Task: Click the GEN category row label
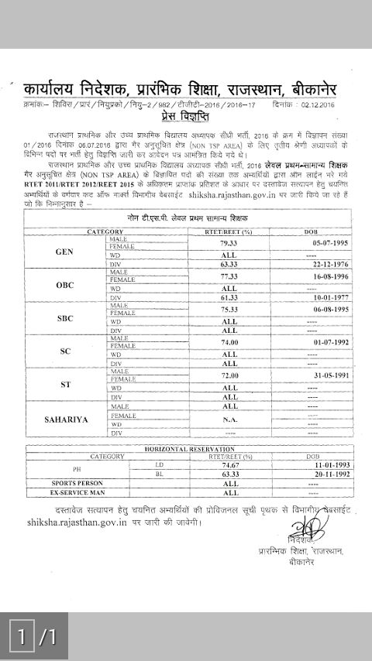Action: tap(65, 252)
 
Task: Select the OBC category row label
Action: tap(65, 285)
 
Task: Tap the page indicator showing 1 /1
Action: tap(34, 637)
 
